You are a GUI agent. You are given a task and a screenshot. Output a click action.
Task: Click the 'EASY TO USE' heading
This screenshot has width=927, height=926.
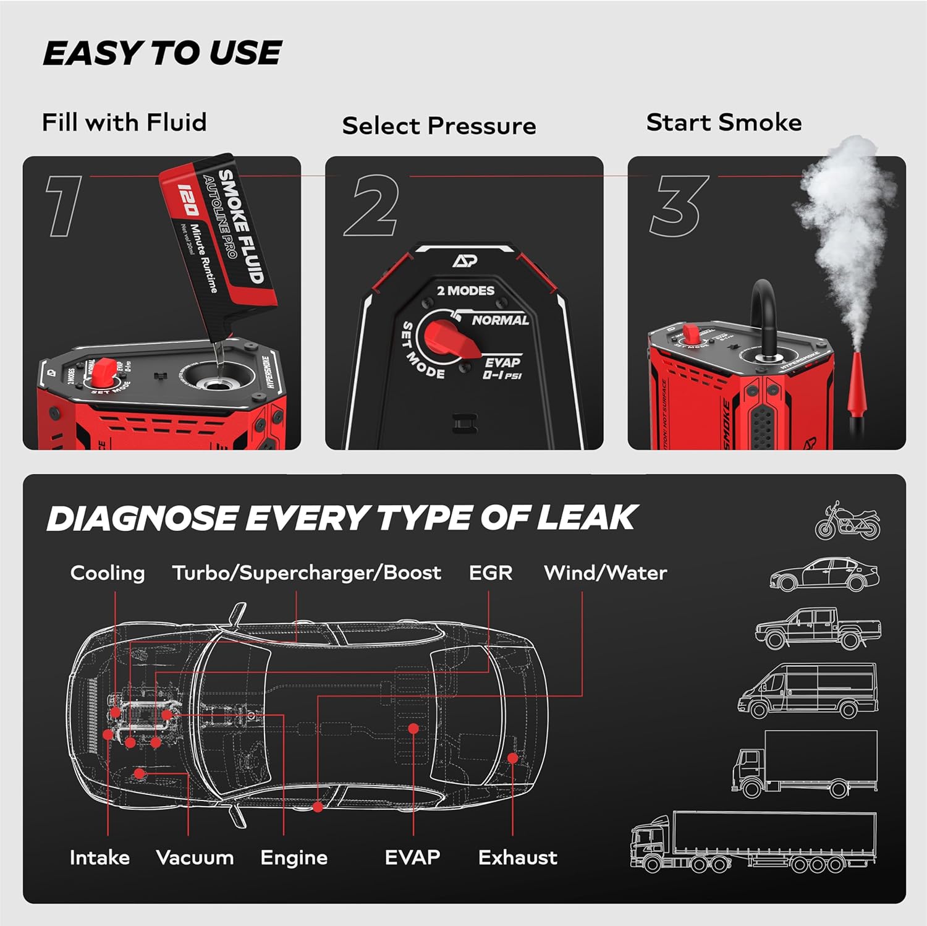[162, 53]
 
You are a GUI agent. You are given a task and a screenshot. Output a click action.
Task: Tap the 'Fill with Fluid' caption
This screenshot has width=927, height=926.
[124, 122]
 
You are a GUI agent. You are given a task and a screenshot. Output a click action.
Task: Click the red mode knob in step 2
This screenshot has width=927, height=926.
[449, 341]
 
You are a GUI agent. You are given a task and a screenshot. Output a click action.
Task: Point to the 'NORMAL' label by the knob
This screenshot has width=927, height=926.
[500, 320]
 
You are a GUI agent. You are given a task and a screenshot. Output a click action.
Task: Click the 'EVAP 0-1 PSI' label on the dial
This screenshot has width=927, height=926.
[502, 368]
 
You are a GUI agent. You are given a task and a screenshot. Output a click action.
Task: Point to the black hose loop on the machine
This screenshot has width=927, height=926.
[763, 315]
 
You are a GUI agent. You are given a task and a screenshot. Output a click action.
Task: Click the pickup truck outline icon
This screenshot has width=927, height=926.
[818, 628]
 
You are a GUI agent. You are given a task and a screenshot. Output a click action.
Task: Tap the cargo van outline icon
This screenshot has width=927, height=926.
[808, 691]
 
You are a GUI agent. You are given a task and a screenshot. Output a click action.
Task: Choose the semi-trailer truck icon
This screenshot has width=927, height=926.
[753, 842]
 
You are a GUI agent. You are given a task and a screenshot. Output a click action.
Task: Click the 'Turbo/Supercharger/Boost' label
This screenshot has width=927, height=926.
[307, 573]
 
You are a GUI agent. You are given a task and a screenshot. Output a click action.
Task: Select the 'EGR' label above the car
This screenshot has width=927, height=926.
[490, 573]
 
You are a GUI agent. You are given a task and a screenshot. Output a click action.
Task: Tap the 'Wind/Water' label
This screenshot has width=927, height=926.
[605, 573]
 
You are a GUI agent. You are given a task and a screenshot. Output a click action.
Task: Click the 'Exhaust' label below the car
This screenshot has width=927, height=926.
[517, 857]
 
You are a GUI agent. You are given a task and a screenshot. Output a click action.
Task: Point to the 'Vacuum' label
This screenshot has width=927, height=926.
[195, 857]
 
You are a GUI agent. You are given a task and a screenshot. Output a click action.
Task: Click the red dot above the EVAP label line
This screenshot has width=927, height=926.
[413, 729]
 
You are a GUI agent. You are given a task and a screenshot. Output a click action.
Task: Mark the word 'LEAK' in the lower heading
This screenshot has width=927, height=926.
[586, 518]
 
